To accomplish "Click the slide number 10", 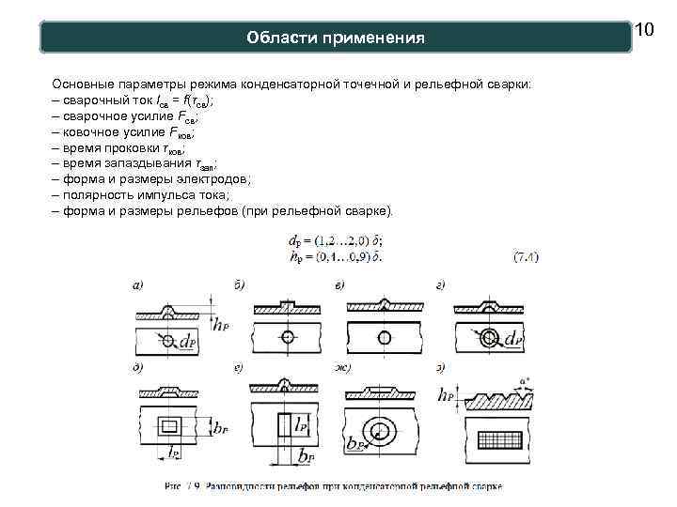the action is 644,31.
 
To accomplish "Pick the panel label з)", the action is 440,367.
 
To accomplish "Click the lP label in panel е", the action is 302,424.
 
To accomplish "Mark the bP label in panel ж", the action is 355,445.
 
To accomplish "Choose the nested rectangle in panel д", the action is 169,427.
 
